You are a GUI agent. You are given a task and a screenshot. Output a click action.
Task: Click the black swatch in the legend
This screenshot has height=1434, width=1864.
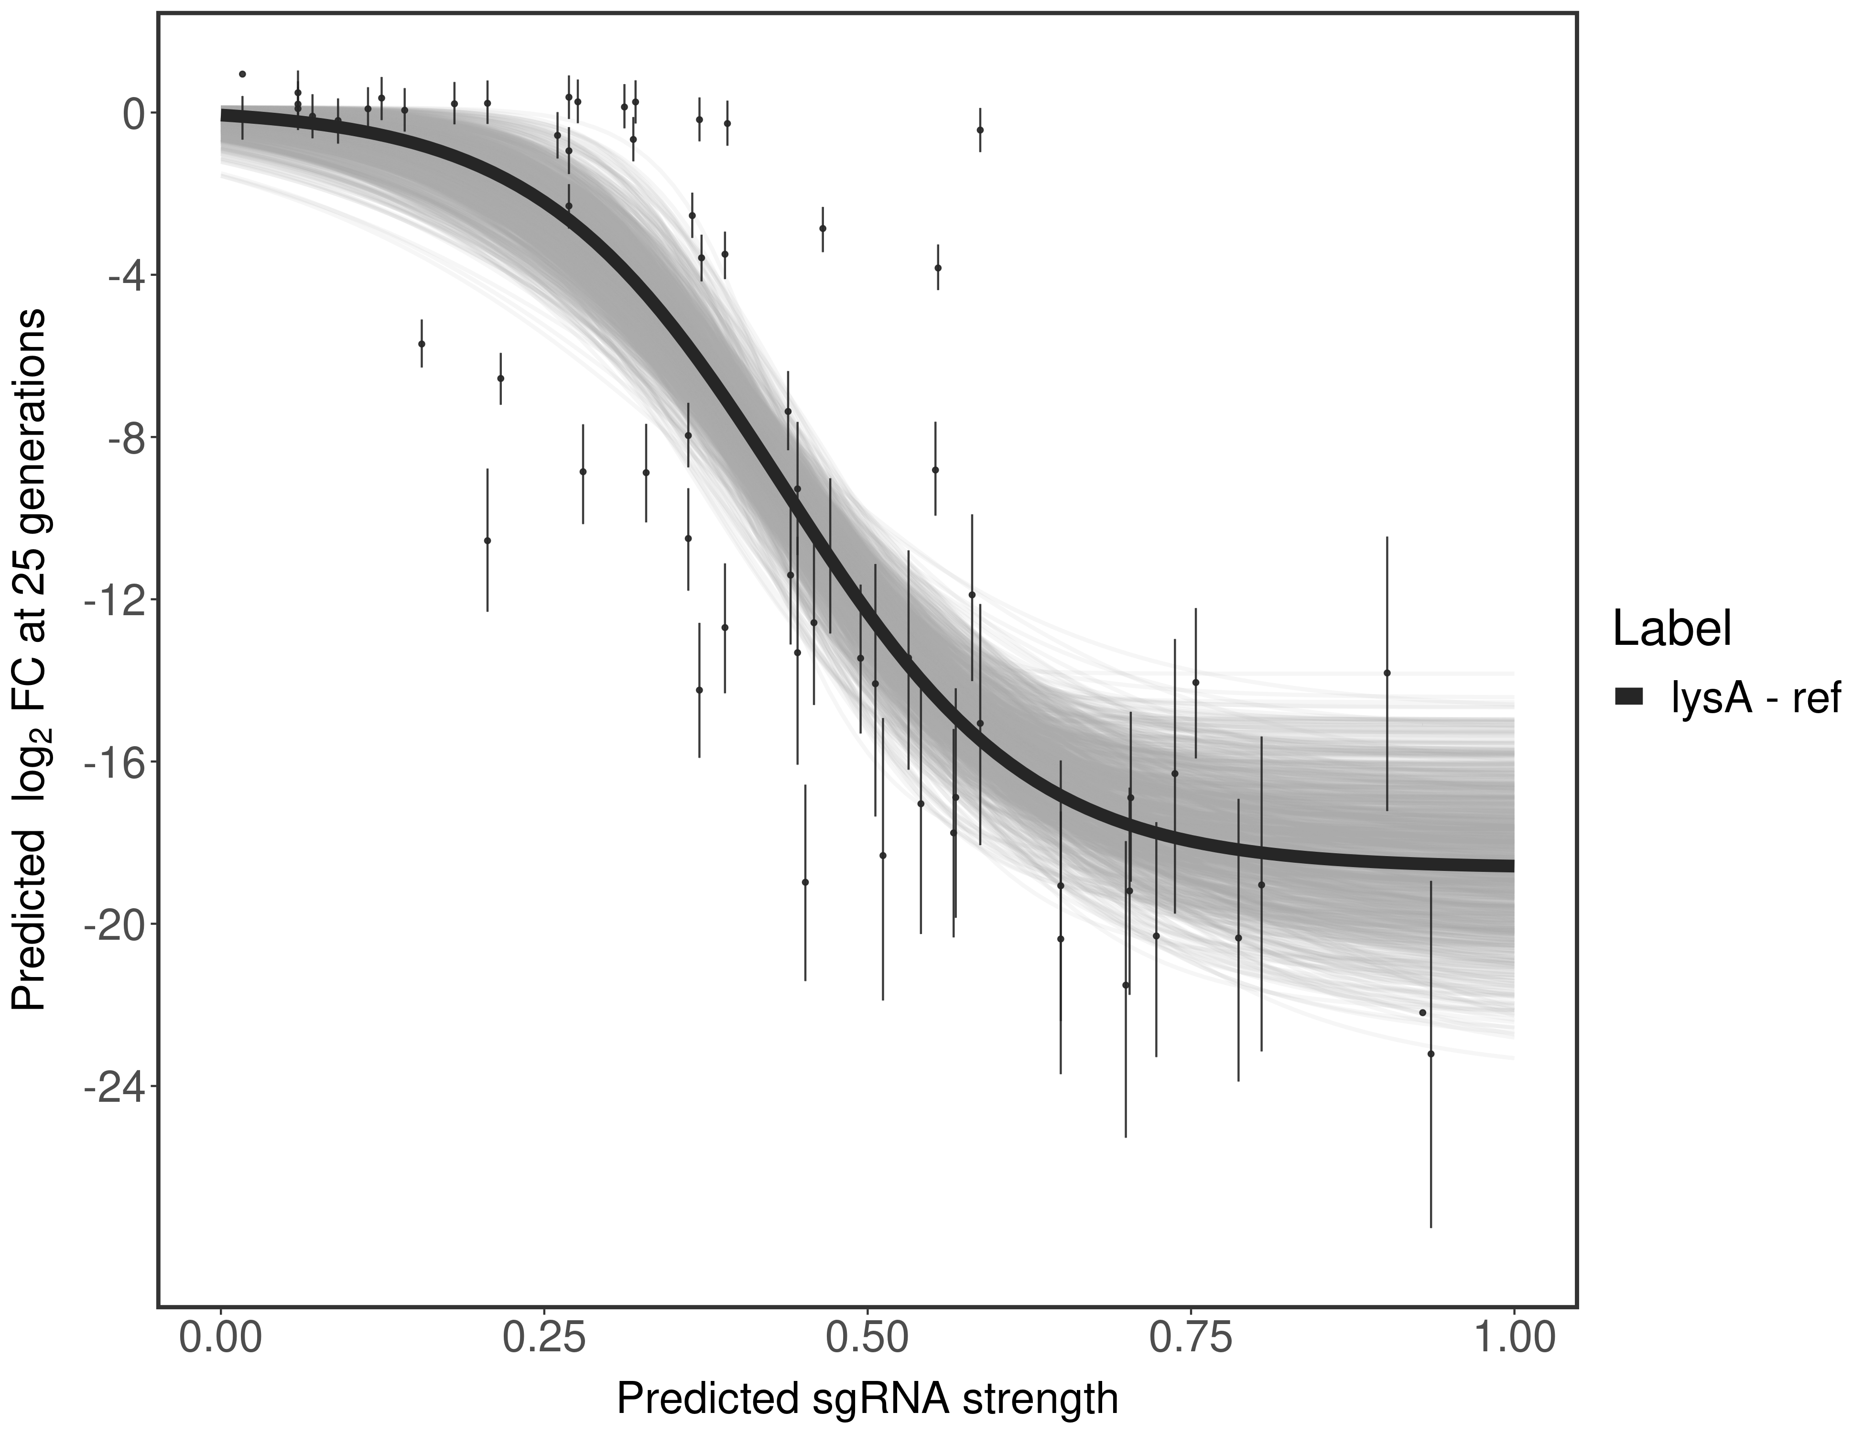click(x=1628, y=697)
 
